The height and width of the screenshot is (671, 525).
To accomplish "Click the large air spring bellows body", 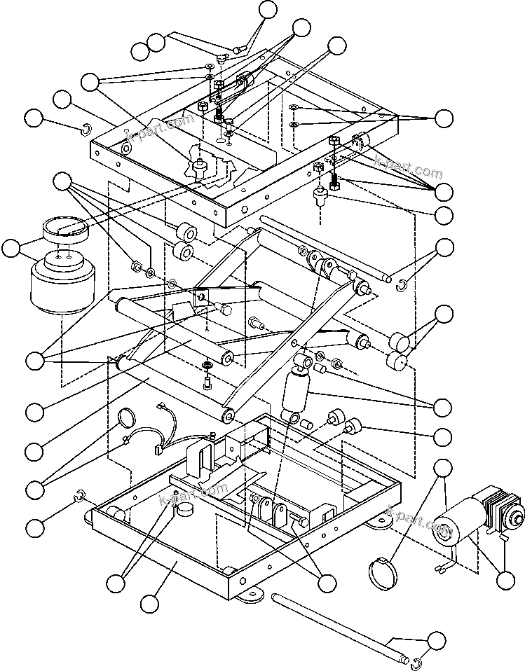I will pyautogui.click(x=62, y=289).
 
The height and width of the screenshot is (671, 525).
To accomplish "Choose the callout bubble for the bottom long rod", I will pyautogui.click(x=437, y=640).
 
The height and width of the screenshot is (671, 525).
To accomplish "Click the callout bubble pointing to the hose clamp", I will pyautogui.click(x=443, y=468).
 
